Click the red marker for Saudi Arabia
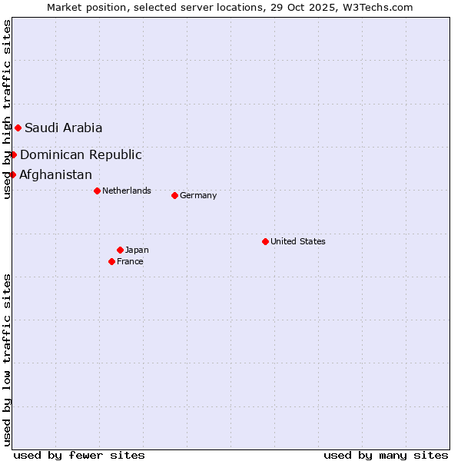point(18,128)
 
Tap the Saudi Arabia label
point(63,128)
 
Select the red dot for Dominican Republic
point(13,154)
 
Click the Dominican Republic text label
point(81,155)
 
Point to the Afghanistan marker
point(12,174)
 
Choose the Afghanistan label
point(55,175)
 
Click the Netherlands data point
point(97,191)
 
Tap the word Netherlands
point(127,191)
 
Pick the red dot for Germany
point(174,195)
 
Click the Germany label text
point(198,196)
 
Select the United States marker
point(265,241)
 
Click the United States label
point(298,242)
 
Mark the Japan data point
point(120,250)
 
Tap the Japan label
point(137,250)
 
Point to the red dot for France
point(111,261)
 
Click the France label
point(130,262)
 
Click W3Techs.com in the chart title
point(381,8)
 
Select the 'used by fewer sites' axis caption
point(79,456)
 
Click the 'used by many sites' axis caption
point(386,456)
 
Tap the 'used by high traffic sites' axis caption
point(7,109)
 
